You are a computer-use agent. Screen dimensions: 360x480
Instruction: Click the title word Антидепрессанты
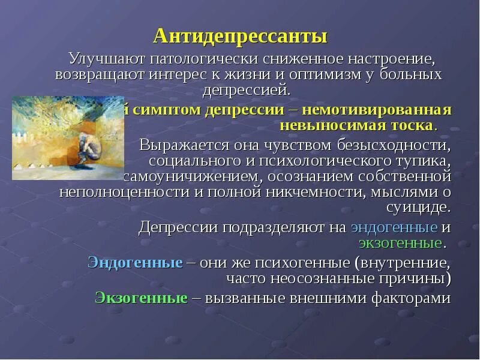[x=240, y=37]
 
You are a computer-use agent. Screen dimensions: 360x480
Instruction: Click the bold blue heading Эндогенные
[x=135, y=263]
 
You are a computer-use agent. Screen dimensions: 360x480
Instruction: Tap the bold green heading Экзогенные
[x=142, y=298]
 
